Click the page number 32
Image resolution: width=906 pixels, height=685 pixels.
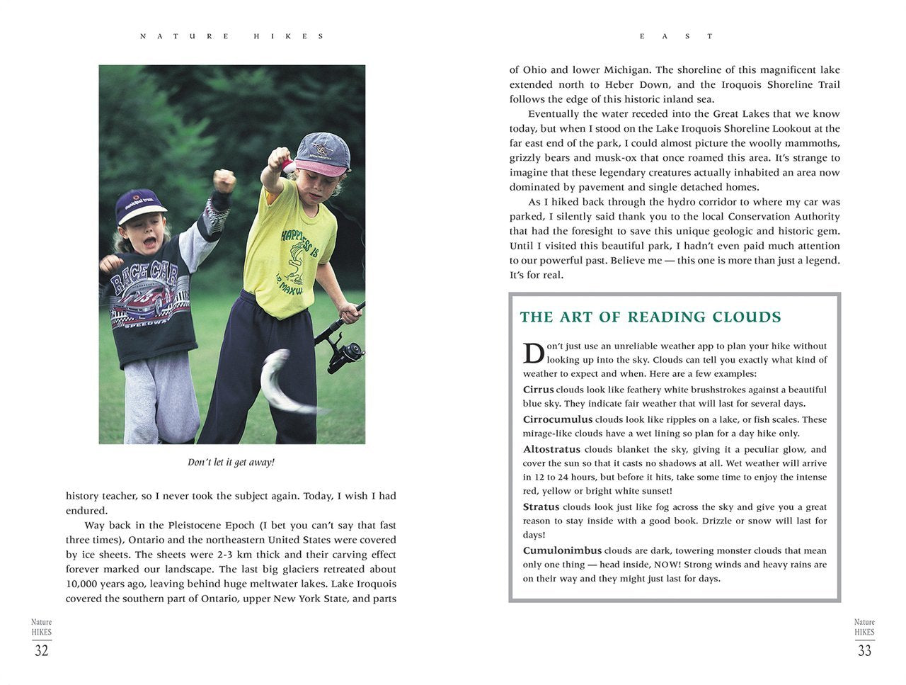(x=42, y=650)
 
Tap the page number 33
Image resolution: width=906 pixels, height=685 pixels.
(x=864, y=650)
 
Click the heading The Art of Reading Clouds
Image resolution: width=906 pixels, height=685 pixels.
(x=650, y=317)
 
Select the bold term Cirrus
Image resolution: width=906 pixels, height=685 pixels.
(x=539, y=390)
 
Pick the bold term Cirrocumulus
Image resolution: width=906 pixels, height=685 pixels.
(x=558, y=419)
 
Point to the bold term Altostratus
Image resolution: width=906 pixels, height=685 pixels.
(x=551, y=449)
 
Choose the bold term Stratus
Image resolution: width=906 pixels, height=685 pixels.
(x=541, y=507)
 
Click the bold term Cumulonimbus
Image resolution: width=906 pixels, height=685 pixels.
(x=562, y=550)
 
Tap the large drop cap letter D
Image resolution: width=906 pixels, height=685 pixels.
(x=533, y=353)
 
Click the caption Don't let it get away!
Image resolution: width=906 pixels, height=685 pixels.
(x=231, y=463)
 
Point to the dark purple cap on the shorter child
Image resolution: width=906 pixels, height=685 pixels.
(x=139, y=205)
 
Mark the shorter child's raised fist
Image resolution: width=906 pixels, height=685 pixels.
(x=224, y=180)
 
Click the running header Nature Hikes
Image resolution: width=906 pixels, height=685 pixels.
(x=231, y=36)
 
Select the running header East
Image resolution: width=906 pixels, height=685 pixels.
(x=677, y=36)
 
